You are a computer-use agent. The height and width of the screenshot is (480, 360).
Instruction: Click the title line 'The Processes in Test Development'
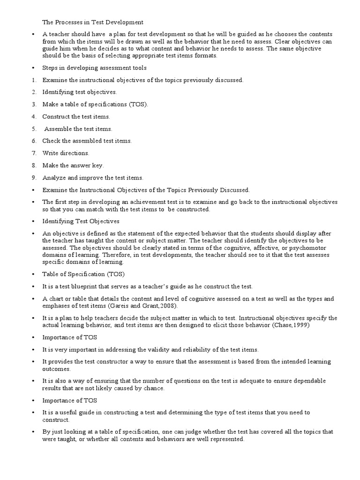[93, 22]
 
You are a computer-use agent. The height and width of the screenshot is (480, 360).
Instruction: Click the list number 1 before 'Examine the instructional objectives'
[34, 80]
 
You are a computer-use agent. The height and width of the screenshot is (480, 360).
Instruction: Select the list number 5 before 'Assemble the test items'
[34, 129]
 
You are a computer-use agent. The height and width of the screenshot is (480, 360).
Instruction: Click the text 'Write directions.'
[66, 153]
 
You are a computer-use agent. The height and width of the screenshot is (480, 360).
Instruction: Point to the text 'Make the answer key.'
[73, 165]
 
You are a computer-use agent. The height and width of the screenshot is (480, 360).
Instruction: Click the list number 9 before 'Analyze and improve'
[34, 178]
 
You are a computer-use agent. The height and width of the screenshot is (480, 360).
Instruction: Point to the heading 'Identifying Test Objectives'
[81, 221]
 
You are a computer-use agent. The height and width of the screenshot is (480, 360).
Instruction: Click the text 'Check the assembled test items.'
[87, 141]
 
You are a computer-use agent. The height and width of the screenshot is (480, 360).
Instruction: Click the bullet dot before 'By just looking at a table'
[33, 432]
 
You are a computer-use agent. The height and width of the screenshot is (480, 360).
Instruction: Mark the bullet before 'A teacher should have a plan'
[33, 34]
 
